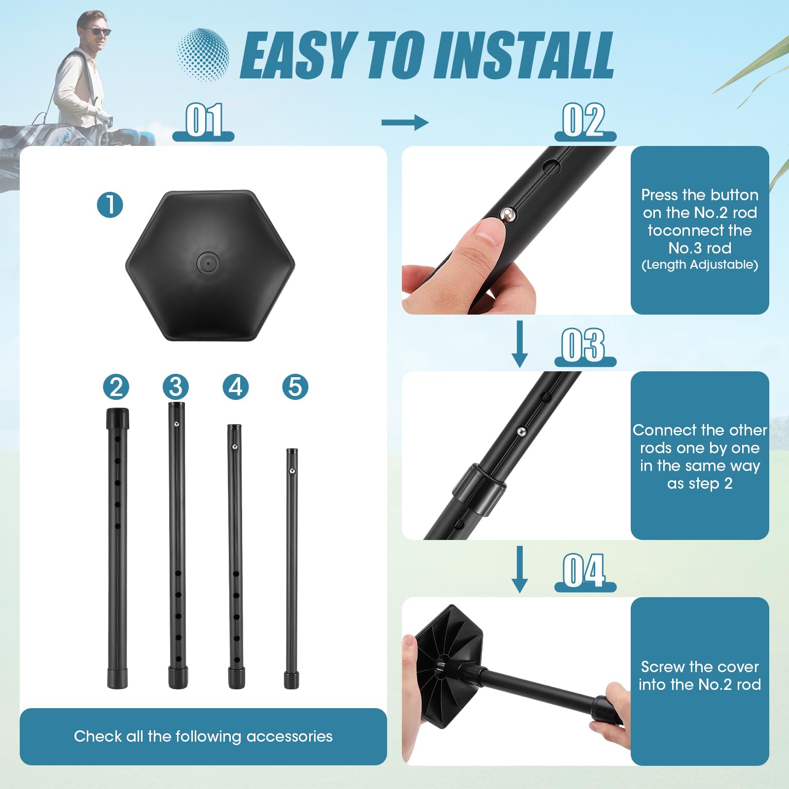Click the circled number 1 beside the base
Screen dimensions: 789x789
(x=110, y=205)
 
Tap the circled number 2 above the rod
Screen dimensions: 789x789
(x=116, y=387)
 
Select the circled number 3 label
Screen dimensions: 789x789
(x=176, y=387)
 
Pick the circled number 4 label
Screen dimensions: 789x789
(x=236, y=387)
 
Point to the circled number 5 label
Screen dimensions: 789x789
(x=295, y=387)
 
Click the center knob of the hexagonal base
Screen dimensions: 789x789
(x=208, y=264)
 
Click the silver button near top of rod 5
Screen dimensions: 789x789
(x=292, y=471)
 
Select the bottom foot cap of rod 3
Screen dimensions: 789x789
(x=178, y=678)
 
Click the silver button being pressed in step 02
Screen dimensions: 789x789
(x=508, y=215)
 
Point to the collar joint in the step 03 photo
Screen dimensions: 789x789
(x=478, y=490)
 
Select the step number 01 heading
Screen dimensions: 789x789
(x=204, y=120)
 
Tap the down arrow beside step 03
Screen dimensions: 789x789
(x=519, y=344)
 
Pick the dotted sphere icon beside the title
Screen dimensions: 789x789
(x=203, y=54)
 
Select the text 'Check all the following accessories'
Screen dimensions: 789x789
(x=203, y=736)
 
